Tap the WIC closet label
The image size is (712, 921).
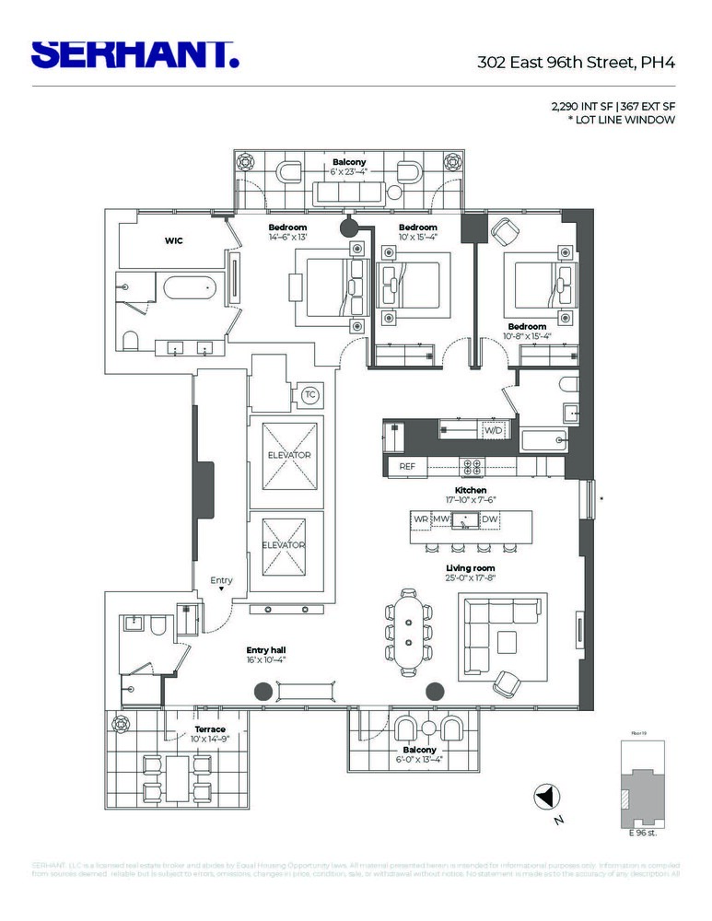point(174,241)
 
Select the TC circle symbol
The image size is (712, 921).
point(310,395)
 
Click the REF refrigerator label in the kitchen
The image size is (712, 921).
point(407,467)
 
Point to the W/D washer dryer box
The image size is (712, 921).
point(495,430)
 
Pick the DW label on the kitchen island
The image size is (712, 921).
point(490,519)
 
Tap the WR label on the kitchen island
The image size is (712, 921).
point(421,519)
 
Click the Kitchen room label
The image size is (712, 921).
point(471,490)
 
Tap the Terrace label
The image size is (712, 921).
point(209,729)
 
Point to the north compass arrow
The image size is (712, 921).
point(546,795)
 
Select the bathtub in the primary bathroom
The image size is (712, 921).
point(193,292)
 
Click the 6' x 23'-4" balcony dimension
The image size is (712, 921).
point(349,172)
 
